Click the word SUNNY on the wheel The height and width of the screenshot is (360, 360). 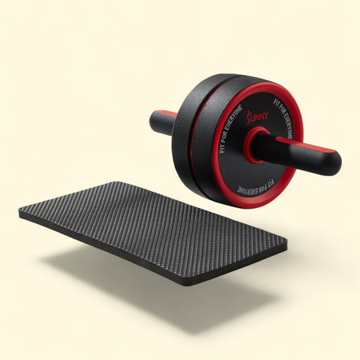click(257, 117)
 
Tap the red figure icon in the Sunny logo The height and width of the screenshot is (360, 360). click(249, 118)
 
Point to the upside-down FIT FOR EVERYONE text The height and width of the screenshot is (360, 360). click(255, 186)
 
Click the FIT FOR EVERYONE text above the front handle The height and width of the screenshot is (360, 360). click(283, 119)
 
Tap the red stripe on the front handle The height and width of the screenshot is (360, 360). click(305, 145)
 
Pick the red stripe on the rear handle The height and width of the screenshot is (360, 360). click(166, 113)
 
